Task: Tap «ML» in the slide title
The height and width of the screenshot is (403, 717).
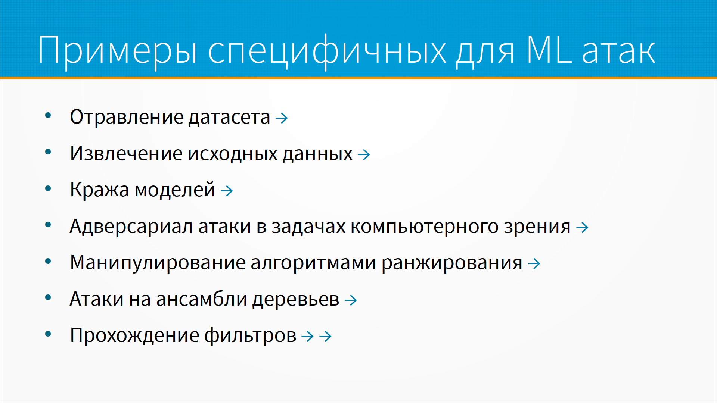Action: (549, 49)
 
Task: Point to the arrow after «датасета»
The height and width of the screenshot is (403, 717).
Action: (282, 118)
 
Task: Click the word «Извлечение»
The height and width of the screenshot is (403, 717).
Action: (126, 154)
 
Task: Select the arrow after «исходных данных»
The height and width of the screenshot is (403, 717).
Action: (364, 154)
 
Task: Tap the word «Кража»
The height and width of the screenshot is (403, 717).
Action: (100, 190)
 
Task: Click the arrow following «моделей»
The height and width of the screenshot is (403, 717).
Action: (227, 191)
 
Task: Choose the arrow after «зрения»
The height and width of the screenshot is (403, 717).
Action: (582, 227)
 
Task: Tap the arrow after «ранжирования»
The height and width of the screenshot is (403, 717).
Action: (534, 264)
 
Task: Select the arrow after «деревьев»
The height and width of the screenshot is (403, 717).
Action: (351, 300)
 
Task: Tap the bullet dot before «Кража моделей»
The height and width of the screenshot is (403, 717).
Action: (48, 189)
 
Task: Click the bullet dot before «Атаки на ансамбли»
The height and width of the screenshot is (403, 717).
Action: (48, 298)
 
